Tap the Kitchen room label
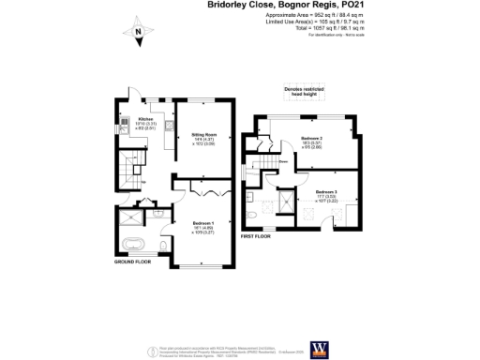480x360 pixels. click(x=145, y=120)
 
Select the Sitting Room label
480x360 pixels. click(x=203, y=136)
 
